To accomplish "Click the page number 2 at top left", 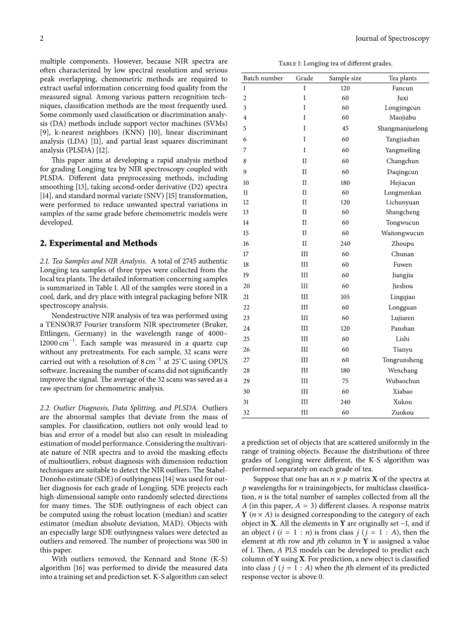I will tap(42, 39).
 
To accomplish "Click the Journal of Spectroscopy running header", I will tap(392, 39).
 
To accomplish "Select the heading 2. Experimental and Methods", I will tap(99, 243).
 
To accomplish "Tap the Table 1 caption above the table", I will tap(335, 63).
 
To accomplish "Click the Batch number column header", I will tap(263, 78).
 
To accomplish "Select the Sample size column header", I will tap(345, 78).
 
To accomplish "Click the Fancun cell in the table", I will tap(403, 88).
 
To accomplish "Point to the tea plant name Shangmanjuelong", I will tap(403, 128).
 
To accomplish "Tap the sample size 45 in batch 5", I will tap(345, 128).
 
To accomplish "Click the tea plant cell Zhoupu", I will tap(403, 244).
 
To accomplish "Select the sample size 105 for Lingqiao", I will tap(345, 297).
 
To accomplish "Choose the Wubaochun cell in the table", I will tap(403, 381).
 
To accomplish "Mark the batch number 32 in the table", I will tap(246, 412).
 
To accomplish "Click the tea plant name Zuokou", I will tap(403, 412).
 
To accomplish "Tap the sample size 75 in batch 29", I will tap(345, 381).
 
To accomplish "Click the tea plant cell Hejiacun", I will tap(403, 183).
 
